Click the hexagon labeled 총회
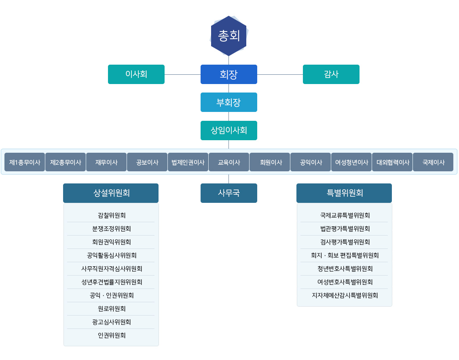(229, 36)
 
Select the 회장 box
(229, 74)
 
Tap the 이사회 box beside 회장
(136, 74)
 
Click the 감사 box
(331, 74)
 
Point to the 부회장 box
(229, 102)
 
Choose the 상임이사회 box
(229, 131)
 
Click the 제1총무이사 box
(25, 162)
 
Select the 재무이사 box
(106, 162)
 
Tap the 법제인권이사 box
(188, 162)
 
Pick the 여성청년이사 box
(351, 162)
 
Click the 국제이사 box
(433, 162)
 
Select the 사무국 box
(229, 193)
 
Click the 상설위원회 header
(111, 193)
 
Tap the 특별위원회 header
(344, 193)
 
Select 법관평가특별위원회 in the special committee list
(345, 229)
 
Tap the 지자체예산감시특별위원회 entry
(345, 295)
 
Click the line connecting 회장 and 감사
(280, 74)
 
